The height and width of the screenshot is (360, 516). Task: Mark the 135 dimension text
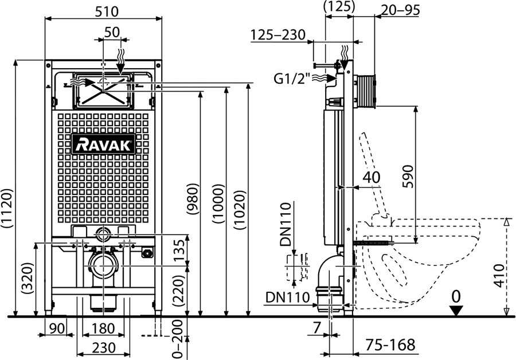tap(180, 250)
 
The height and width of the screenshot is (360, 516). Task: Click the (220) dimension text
tap(180, 290)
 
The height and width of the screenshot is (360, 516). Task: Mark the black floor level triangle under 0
tap(456, 311)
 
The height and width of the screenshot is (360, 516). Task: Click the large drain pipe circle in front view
tap(103, 266)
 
